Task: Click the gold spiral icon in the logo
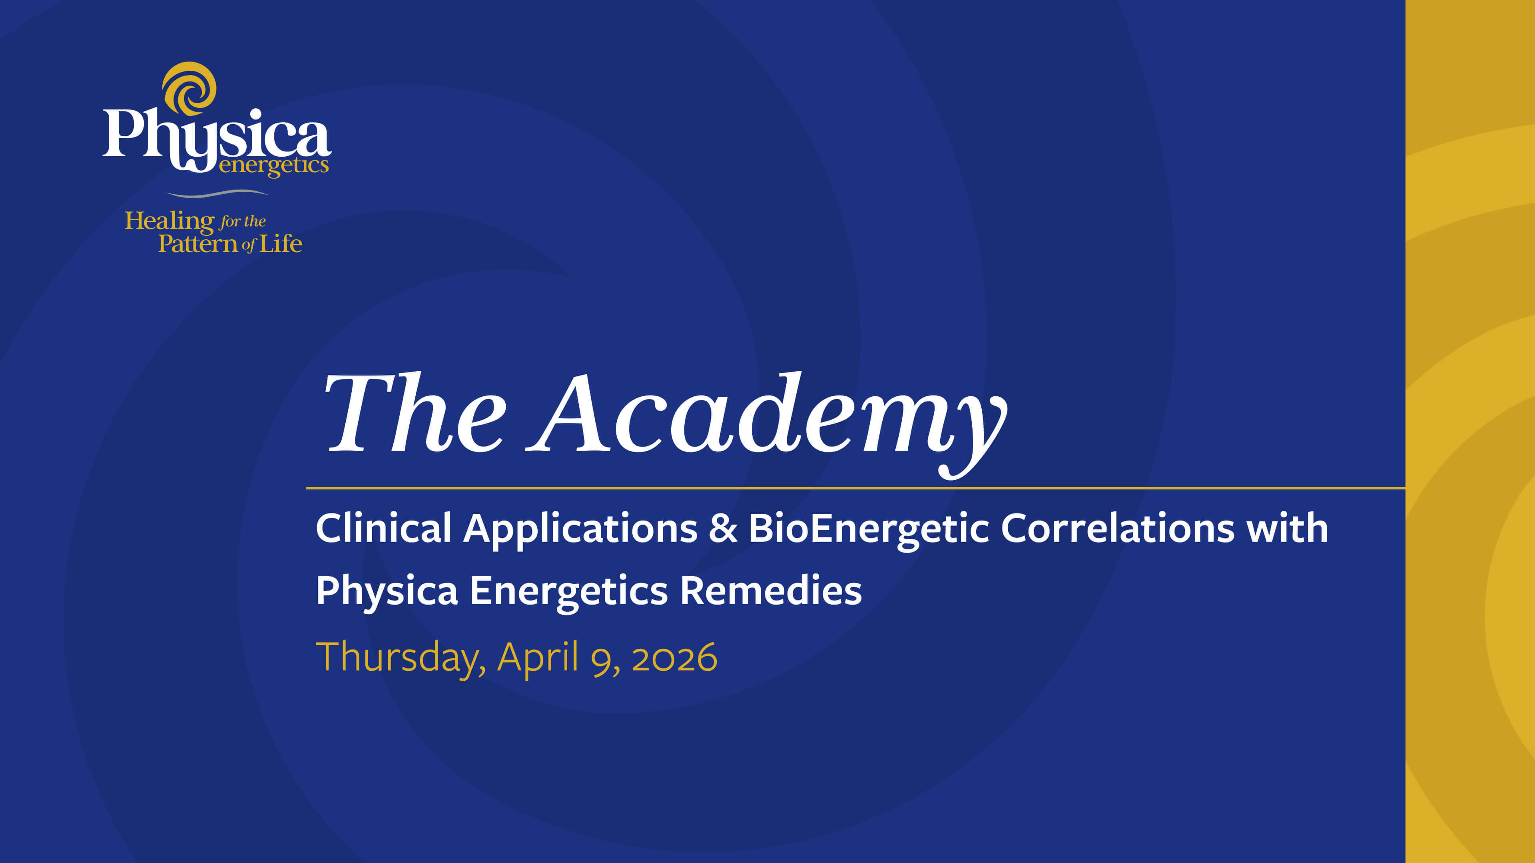pyautogui.click(x=189, y=89)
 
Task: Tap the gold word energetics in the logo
pyautogui.click(x=273, y=165)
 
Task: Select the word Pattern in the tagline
pyautogui.click(x=198, y=244)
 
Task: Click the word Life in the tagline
pyautogui.click(x=281, y=244)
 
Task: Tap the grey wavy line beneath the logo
pyautogui.click(x=217, y=193)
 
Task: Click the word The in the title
pyautogui.click(x=415, y=412)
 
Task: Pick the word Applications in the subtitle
pyautogui.click(x=580, y=529)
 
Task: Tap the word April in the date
pyautogui.click(x=538, y=658)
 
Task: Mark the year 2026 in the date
pyautogui.click(x=674, y=658)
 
